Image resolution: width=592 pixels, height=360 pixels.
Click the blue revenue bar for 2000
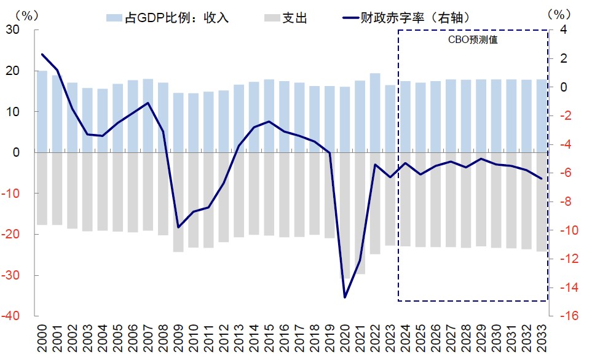[x=42, y=111]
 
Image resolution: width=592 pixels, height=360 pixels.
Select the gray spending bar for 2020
[x=345, y=215]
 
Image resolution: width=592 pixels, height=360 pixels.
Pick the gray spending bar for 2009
[x=178, y=202]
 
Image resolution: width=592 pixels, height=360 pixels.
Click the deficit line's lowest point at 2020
[x=345, y=297]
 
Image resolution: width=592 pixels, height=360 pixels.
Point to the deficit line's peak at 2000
[x=42, y=54]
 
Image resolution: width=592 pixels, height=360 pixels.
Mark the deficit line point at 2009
[x=178, y=227]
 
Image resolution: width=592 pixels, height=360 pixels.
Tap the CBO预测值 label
[x=472, y=41]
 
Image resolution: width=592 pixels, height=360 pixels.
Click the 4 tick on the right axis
[x=562, y=29]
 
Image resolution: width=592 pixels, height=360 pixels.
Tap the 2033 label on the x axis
[x=542, y=338]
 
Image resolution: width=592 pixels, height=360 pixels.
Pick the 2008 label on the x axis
[x=163, y=338]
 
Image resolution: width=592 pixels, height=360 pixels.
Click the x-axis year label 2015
[x=269, y=338]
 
